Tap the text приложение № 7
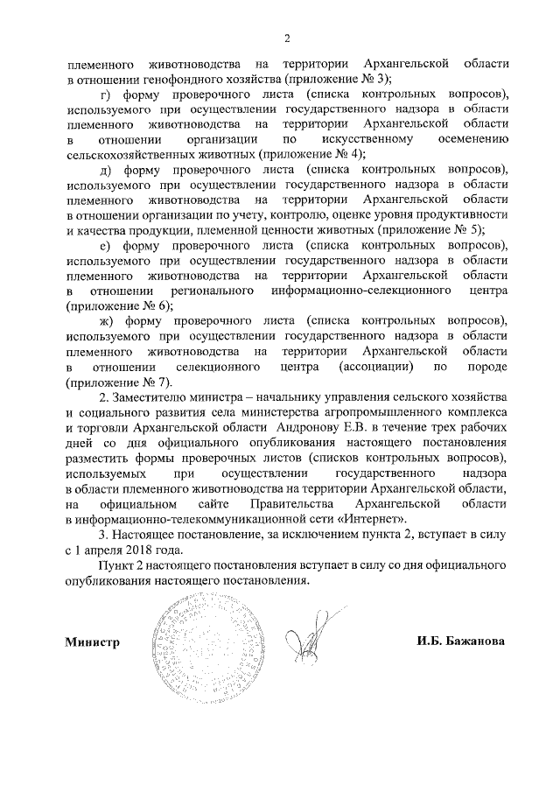tap(115, 382)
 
